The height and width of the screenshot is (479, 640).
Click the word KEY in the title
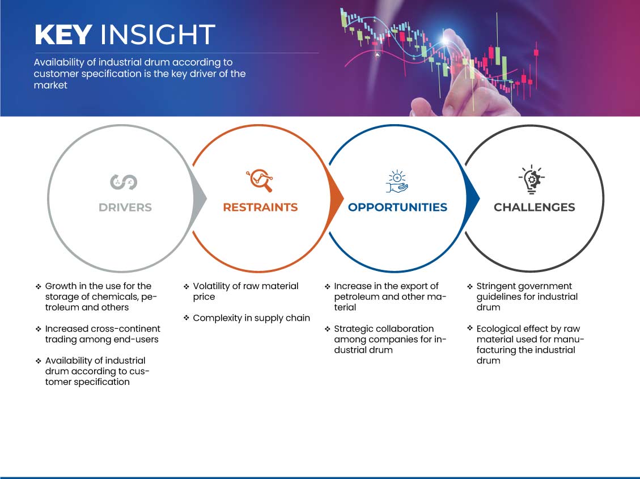click(x=63, y=34)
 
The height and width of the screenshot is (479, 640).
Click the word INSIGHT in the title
click(x=158, y=34)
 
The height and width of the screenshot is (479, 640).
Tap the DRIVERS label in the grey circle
click(x=125, y=207)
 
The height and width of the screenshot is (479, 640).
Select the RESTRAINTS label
click(x=260, y=207)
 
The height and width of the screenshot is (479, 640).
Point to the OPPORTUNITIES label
click(x=397, y=207)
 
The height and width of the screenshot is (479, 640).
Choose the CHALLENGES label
click(x=535, y=207)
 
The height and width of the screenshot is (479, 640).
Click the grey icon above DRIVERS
click(x=124, y=181)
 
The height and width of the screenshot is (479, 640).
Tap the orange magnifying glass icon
click(x=260, y=180)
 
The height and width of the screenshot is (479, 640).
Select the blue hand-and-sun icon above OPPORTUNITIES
click(x=397, y=181)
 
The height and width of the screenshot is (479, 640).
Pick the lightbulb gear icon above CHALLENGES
click(x=531, y=179)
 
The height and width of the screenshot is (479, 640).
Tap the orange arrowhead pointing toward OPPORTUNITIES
click(x=336, y=199)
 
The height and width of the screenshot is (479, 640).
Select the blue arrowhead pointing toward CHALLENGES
click(x=472, y=199)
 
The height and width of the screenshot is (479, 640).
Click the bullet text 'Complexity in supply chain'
click(x=252, y=318)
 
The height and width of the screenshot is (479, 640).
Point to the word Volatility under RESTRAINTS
click(x=211, y=286)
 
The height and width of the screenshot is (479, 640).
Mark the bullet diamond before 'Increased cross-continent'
click(x=39, y=329)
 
